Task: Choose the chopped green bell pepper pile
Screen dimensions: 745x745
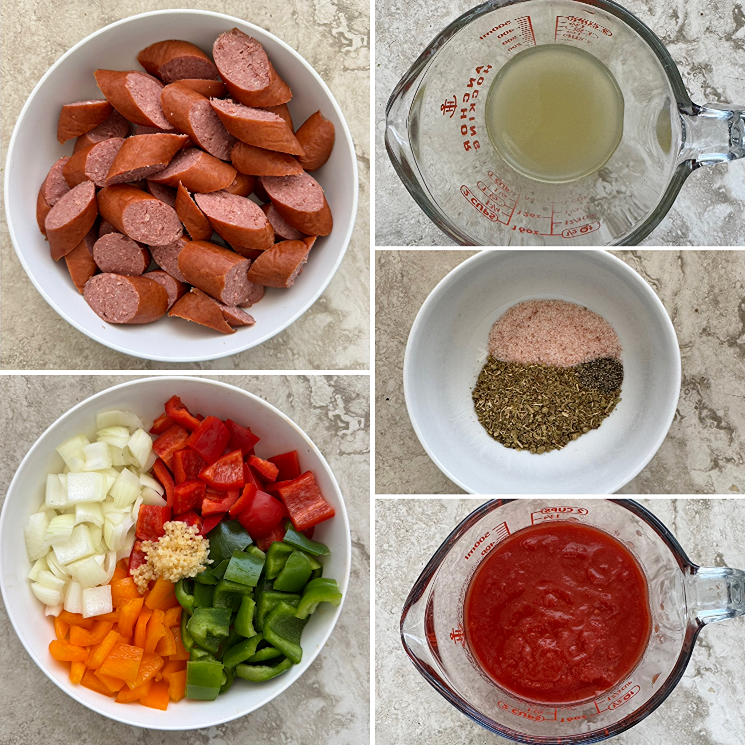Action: click(255, 602)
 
